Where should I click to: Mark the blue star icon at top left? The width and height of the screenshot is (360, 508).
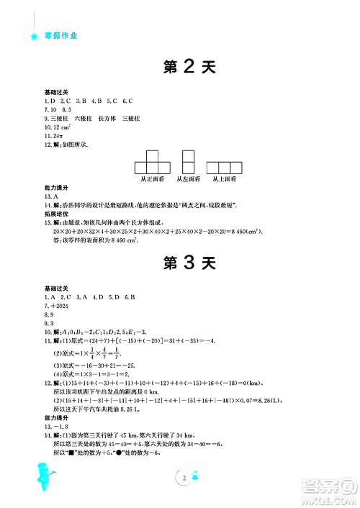pos(32,35)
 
